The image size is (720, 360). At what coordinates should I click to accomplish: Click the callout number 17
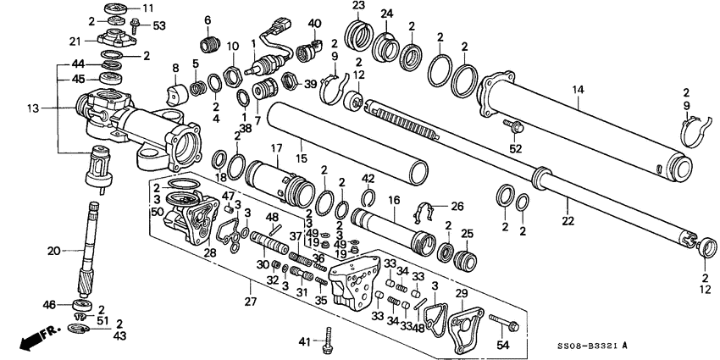[276, 148]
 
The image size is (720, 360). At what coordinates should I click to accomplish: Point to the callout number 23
[358, 6]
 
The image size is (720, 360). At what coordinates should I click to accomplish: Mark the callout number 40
[315, 23]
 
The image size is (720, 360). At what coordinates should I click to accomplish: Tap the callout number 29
[462, 292]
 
